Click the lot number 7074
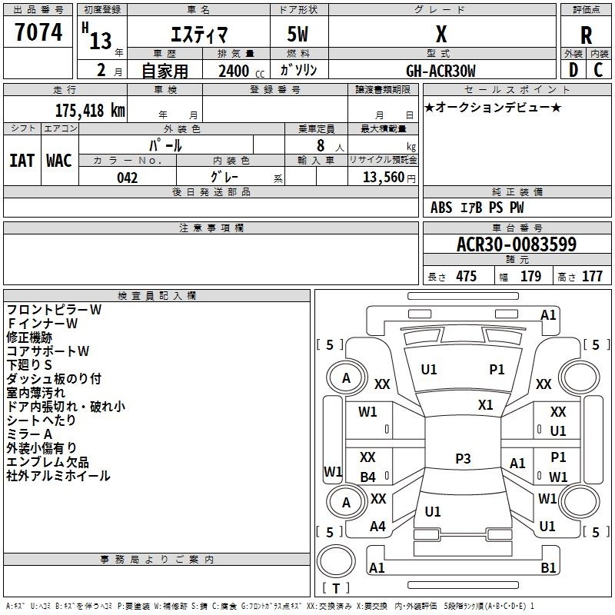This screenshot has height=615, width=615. [38, 32]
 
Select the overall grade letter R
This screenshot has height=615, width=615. [586, 35]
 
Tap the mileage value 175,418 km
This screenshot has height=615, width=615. [90, 110]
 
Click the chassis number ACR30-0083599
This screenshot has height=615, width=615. [517, 244]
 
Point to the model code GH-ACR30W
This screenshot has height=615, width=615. [440, 71]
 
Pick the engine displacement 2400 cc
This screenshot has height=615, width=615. [241, 71]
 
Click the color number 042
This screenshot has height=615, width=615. [127, 178]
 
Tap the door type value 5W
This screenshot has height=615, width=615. [298, 34]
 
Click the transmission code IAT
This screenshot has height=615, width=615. [22, 161]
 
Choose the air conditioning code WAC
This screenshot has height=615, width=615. [59, 161]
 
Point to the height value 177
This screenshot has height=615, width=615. [592, 277]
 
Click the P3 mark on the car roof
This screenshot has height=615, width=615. [463, 458]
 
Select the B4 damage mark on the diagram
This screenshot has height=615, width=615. [368, 477]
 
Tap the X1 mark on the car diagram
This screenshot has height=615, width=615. [486, 404]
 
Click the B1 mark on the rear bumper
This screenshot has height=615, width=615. [548, 567]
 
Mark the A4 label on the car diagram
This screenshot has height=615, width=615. [377, 526]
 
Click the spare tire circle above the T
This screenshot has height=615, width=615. [336, 561]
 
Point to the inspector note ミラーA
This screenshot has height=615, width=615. [29, 434]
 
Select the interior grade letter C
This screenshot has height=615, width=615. [598, 70]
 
